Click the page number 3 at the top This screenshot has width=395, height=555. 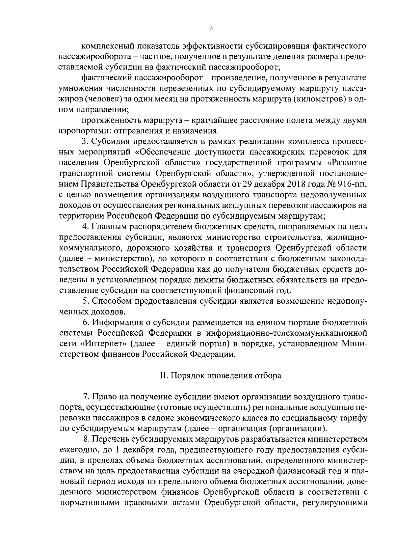(x=211, y=28)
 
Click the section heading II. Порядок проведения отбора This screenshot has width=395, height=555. (x=221, y=376)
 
